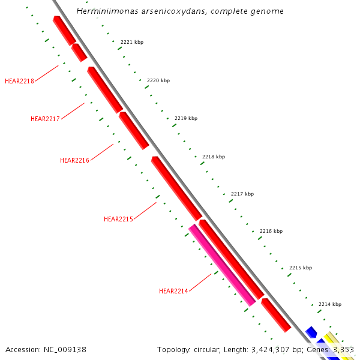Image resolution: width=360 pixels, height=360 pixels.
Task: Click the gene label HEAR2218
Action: coord(19,81)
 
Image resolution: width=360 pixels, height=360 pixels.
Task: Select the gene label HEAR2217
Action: coord(45,119)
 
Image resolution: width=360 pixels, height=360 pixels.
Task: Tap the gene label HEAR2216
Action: coord(74,160)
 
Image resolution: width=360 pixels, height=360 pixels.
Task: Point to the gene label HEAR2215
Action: coord(118,219)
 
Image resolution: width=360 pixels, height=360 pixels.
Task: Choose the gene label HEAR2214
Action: coord(173,291)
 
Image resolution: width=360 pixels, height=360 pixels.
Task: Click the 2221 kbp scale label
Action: coord(132,42)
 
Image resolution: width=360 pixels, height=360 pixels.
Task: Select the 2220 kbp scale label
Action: coord(158,80)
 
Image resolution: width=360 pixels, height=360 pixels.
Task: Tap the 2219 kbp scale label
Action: coord(186,118)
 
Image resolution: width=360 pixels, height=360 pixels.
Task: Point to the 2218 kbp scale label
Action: coord(214,157)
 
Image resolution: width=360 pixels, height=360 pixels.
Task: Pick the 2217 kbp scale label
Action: coord(242,194)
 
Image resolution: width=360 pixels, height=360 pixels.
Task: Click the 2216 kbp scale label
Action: coord(271,231)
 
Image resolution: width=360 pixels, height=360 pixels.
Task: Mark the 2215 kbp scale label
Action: coord(301,268)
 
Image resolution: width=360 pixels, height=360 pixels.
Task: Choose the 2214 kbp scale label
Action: coord(330,304)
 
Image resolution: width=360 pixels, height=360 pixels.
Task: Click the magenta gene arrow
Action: coord(222,265)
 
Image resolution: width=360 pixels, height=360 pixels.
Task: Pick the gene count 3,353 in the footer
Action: coord(343,349)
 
